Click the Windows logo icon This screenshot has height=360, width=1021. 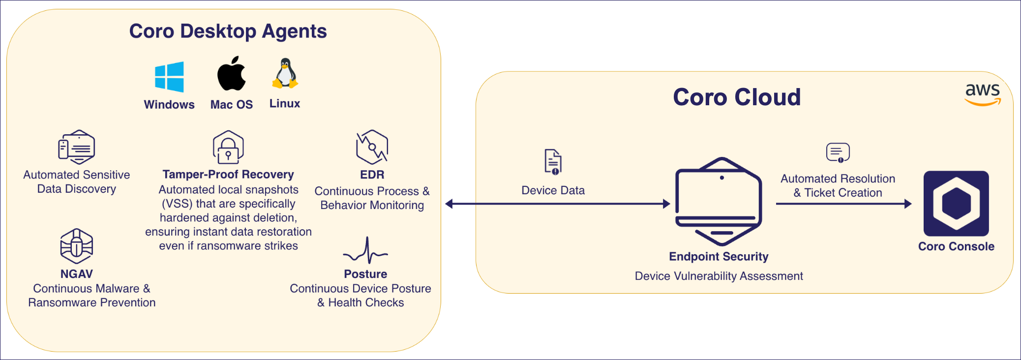[169, 77]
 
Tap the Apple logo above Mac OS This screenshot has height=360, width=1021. [232, 74]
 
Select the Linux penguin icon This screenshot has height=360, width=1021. [285, 74]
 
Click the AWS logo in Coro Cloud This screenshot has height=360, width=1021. [982, 94]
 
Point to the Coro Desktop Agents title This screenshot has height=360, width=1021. [228, 31]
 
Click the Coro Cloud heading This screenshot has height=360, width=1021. [736, 97]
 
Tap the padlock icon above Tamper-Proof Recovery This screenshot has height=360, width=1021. [228, 148]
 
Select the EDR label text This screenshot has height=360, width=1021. [372, 175]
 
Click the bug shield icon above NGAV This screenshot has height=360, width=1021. [76, 246]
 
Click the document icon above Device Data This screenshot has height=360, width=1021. [553, 162]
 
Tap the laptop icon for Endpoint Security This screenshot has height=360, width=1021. [719, 202]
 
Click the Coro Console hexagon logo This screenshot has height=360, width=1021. [956, 203]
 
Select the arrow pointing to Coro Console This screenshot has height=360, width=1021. [843, 204]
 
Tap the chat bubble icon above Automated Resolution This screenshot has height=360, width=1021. [838, 152]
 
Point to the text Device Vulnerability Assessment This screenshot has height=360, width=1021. [719, 276]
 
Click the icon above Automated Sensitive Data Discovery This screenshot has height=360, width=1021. [76, 147]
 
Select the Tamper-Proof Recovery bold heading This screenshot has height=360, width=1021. [228, 175]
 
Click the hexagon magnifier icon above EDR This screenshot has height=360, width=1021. [372, 147]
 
